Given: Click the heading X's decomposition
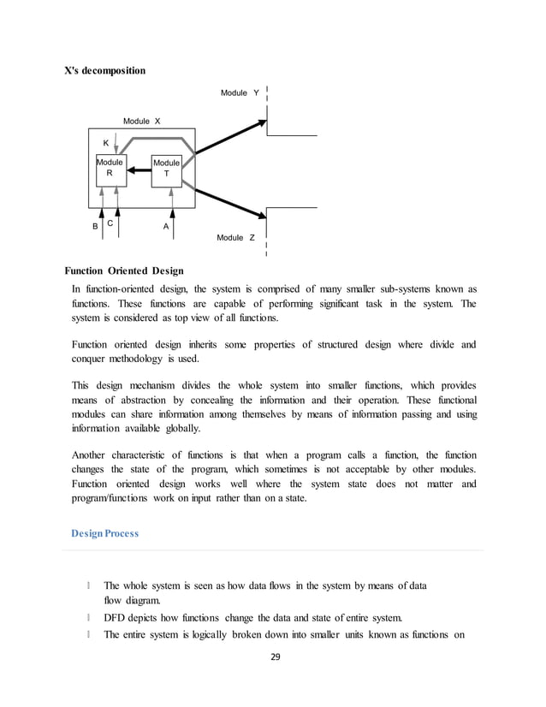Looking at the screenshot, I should click(x=105, y=70).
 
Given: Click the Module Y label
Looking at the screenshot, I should click(x=240, y=92).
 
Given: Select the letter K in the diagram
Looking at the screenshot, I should click(x=106, y=142).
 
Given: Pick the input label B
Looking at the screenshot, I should click(x=95, y=227).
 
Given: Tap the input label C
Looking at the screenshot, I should click(x=110, y=223).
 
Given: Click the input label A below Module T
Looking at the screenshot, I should click(x=166, y=227).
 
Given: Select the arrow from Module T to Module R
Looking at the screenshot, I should click(x=139, y=171).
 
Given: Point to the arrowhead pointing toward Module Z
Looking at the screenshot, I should click(x=259, y=216).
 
